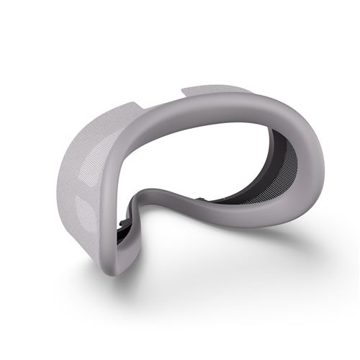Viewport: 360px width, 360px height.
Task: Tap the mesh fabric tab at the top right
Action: (x=216, y=91)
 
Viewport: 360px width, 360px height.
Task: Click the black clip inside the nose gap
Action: (x=129, y=228)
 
